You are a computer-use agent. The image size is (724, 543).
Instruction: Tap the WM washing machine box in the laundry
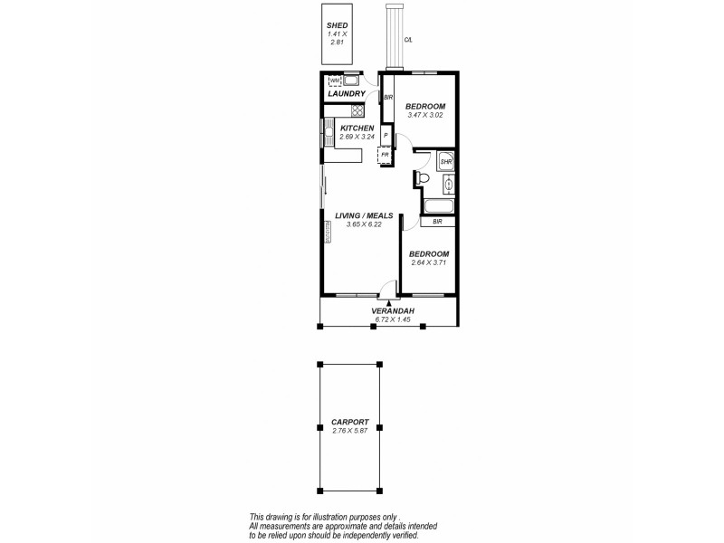[335, 81]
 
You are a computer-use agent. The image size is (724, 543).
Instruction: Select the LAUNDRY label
[347, 94]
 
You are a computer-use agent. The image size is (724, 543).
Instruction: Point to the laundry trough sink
[351, 81]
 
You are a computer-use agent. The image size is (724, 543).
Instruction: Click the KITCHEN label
[357, 129]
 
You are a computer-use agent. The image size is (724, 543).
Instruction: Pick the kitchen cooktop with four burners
[357, 111]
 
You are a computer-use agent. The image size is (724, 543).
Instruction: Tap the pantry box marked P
[386, 136]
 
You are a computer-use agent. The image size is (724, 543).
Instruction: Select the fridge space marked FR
[385, 155]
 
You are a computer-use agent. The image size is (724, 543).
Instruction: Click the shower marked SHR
[445, 163]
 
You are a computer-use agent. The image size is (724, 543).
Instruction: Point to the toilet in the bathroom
[422, 179]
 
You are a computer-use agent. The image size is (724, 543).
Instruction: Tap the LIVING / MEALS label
[363, 215]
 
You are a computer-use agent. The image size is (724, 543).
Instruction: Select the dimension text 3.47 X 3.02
[424, 115]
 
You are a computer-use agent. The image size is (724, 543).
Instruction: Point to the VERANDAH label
[393, 311]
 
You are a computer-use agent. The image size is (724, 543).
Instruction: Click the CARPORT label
[348, 422]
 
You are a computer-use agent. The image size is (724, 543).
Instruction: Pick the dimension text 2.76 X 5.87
[348, 431]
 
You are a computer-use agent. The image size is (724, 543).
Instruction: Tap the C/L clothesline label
[408, 39]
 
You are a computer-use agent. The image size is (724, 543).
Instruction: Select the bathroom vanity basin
[448, 185]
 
